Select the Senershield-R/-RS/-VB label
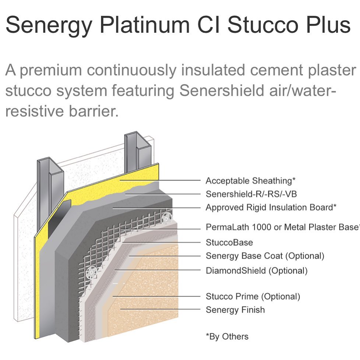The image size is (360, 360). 251,194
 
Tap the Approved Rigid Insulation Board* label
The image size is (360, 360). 271,207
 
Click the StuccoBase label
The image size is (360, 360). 229,243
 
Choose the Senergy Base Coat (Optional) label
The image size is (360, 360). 265,255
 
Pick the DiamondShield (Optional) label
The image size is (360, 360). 256,271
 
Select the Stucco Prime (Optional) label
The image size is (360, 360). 253,296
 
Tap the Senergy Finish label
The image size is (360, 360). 235,310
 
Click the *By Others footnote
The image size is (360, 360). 227,336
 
